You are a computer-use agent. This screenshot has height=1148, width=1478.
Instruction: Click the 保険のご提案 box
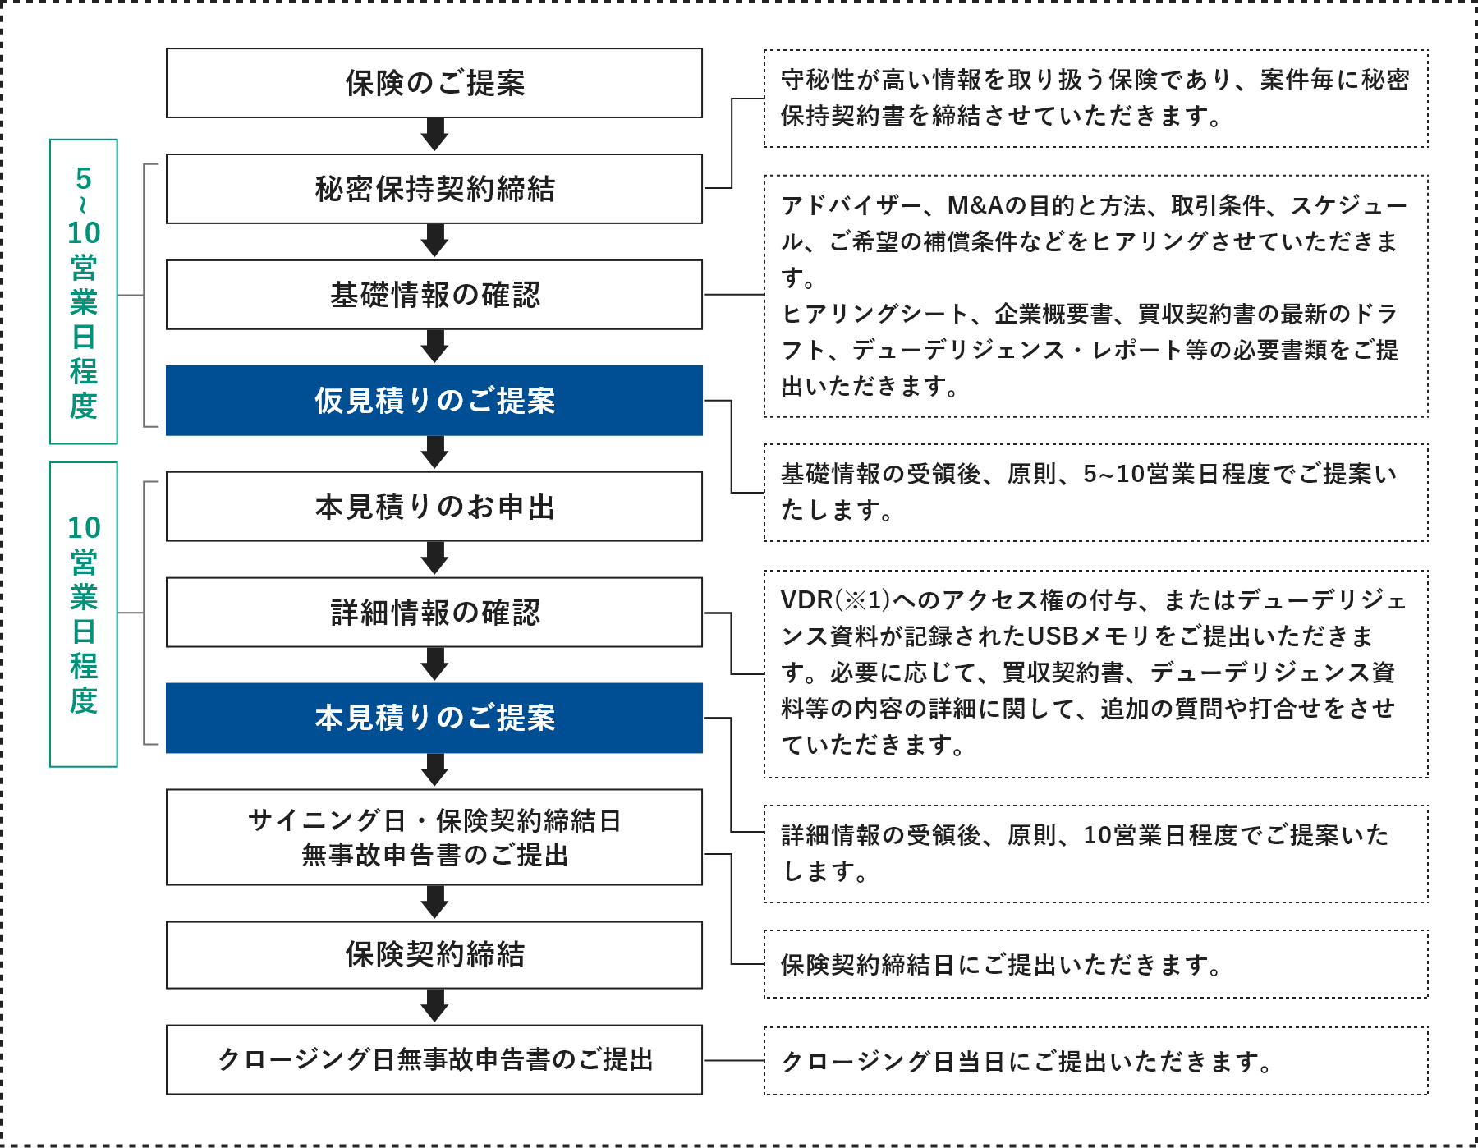(434, 83)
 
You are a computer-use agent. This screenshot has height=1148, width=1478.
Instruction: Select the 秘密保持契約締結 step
(434, 189)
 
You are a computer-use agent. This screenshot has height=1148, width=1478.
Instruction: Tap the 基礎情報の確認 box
(434, 295)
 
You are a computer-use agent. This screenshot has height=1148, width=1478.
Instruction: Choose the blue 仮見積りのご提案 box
(434, 401)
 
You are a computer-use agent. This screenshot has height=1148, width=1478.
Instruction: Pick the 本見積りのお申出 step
(434, 507)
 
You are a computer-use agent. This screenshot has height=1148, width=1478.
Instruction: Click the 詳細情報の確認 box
(434, 613)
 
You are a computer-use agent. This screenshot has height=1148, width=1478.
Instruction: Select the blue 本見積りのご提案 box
(434, 718)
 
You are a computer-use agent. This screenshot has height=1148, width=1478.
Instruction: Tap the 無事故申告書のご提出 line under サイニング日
(434, 856)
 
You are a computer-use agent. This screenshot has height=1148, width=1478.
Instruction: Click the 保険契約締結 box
(434, 955)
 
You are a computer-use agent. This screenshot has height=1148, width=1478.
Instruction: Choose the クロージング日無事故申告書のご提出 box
(434, 1060)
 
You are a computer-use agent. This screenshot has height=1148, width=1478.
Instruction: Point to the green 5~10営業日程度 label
(84, 292)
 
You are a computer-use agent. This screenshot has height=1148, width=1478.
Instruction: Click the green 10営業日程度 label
(84, 614)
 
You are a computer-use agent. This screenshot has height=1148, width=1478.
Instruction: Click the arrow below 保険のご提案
(434, 135)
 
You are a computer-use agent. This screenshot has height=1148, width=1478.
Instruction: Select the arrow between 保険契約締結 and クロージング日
(434, 1006)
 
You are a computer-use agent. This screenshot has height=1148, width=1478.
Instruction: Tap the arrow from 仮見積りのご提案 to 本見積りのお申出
(434, 452)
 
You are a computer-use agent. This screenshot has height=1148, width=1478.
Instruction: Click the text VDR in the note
(807, 600)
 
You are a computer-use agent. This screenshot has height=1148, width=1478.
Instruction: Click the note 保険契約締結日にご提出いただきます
(1002, 965)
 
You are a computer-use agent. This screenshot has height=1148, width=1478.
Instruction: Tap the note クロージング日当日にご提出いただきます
(1026, 1062)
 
